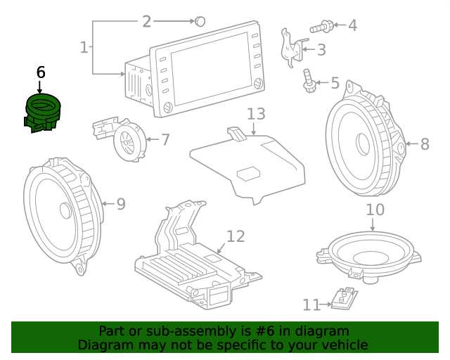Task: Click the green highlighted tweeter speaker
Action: (x=41, y=112)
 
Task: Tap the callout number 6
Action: (x=40, y=72)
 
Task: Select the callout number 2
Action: (x=146, y=22)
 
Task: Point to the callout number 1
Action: (x=84, y=48)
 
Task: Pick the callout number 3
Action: (x=321, y=50)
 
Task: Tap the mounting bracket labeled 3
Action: (x=291, y=46)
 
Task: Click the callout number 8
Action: (x=424, y=145)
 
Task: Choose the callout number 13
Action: (x=256, y=114)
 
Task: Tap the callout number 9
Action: (x=120, y=205)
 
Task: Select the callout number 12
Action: (x=235, y=236)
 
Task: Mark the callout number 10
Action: (x=375, y=210)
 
